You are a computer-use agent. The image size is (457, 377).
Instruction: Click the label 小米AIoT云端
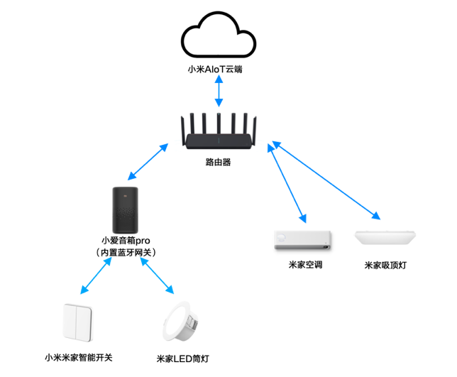point(217,69)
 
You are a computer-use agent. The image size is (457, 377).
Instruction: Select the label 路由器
point(218,162)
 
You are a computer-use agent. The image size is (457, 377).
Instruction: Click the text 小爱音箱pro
point(128,240)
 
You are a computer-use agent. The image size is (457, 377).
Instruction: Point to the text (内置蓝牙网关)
point(128,252)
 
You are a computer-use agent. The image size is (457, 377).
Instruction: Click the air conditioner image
point(302,240)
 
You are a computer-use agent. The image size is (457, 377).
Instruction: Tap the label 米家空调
point(302,266)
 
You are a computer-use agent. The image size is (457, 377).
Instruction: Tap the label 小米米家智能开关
point(78,357)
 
